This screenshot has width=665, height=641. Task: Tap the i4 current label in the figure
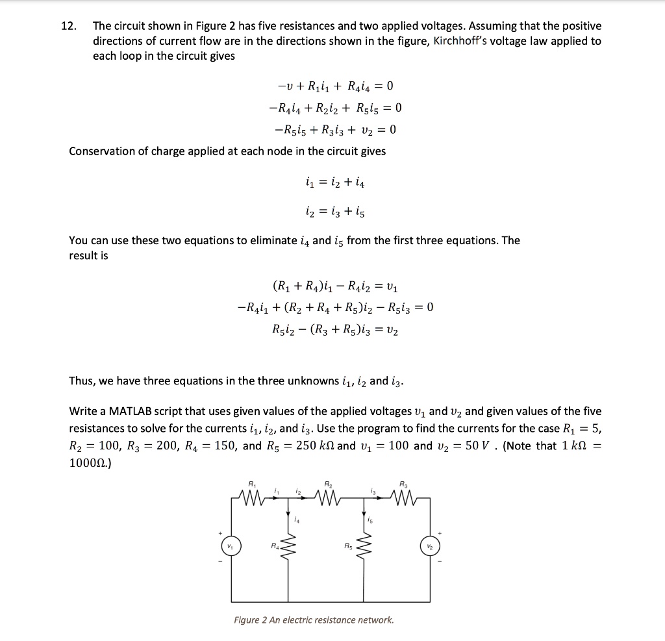[296, 519]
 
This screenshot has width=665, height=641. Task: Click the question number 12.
[68, 27]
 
